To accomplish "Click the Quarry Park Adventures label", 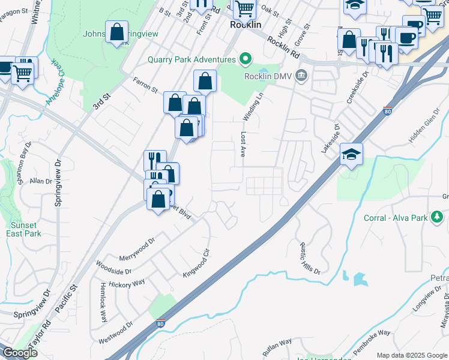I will [192, 60].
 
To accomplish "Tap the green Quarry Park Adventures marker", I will [245, 59].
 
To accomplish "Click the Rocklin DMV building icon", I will [301, 76].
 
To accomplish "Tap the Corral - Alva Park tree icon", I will [440, 217].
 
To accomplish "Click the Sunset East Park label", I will [25, 229].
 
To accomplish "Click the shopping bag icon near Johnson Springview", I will [116, 32].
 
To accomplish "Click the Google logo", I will [20, 353].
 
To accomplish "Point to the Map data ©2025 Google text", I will [411, 355].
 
